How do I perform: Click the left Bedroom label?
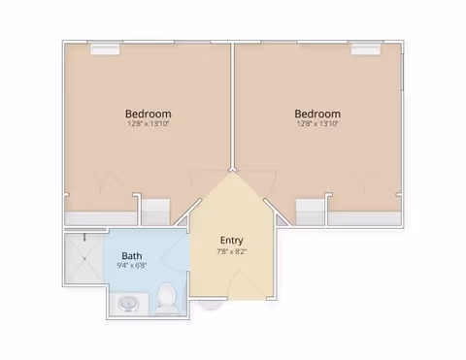click(x=149, y=114)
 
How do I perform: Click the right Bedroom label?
click(x=317, y=114)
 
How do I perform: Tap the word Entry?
click(x=231, y=241)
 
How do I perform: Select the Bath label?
click(x=132, y=256)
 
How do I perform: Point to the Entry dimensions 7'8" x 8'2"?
click(x=232, y=251)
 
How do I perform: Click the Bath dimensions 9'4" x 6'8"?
click(x=132, y=266)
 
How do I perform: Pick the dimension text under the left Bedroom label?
click(x=149, y=123)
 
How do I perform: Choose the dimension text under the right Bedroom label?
click(x=317, y=123)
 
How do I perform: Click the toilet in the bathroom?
click(x=167, y=298)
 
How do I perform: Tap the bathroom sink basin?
click(x=128, y=304)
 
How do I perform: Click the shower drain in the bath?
click(x=84, y=258)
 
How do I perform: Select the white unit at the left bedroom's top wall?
click(x=105, y=49)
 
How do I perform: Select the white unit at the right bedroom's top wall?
click(x=366, y=49)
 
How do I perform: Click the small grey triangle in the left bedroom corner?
click(x=183, y=221)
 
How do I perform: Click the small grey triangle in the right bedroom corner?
click(x=282, y=221)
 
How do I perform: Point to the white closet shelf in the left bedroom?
click(x=156, y=212)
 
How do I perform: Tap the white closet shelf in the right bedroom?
click(x=310, y=212)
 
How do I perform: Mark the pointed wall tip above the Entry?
click(x=232, y=169)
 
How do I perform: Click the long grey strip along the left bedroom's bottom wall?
click(x=101, y=218)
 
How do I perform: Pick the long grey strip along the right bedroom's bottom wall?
click(x=365, y=218)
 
